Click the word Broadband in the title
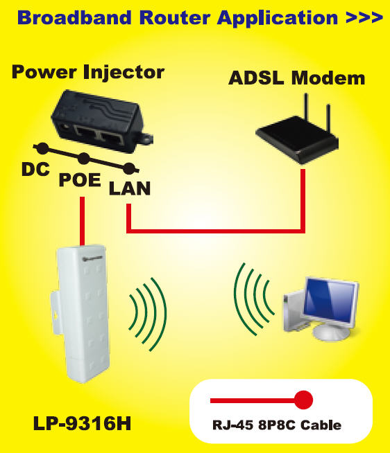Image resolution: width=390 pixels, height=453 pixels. pyautogui.click(x=74, y=17)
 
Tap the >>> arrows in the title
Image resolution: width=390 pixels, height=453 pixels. pyautogui.click(x=364, y=17)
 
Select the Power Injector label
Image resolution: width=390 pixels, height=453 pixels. pyautogui.click(x=88, y=72)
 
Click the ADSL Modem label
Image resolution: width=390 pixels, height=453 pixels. pyautogui.click(x=296, y=78)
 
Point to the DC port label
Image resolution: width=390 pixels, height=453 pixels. pyautogui.click(x=35, y=169)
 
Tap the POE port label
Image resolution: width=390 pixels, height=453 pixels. pyautogui.click(x=80, y=179)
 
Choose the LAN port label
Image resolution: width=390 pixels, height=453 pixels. pyautogui.click(x=129, y=188)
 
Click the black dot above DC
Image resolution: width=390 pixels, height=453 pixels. pyautogui.click(x=43, y=148)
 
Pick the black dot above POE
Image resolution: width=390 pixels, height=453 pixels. pyautogui.click(x=84, y=159)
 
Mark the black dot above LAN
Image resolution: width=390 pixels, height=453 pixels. pyautogui.click(x=129, y=169)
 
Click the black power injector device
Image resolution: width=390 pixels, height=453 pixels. pyautogui.click(x=101, y=121)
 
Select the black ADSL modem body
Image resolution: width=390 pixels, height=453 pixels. pyautogui.click(x=297, y=139)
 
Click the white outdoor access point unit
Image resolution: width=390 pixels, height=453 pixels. pyautogui.click(x=82, y=314)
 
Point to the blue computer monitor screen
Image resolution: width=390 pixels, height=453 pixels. pyautogui.click(x=330, y=302)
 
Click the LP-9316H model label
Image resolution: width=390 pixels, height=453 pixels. pyautogui.click(x=82, y=424)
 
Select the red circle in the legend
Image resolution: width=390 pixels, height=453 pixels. pyautogui.click(x=303, y=400)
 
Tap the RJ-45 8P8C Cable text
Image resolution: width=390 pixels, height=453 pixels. pyautogui.click(x=277, y=425)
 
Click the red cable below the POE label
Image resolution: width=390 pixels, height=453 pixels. pyautogui.click(x=82, y=221)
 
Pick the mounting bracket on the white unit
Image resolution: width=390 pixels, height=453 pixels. pyautogui.click(x=56, y=313)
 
